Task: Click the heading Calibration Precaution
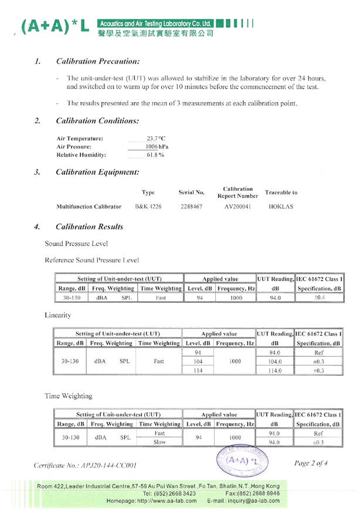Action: click(x=97, y=61)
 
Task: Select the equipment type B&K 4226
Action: click(x=149, y=207)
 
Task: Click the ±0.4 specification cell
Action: click(x=320, y=298)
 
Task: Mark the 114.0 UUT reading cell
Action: click(x=274, y=371)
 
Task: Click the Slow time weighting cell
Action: click(x=158, y=442)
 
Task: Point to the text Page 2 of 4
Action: click(x=313, y=464)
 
